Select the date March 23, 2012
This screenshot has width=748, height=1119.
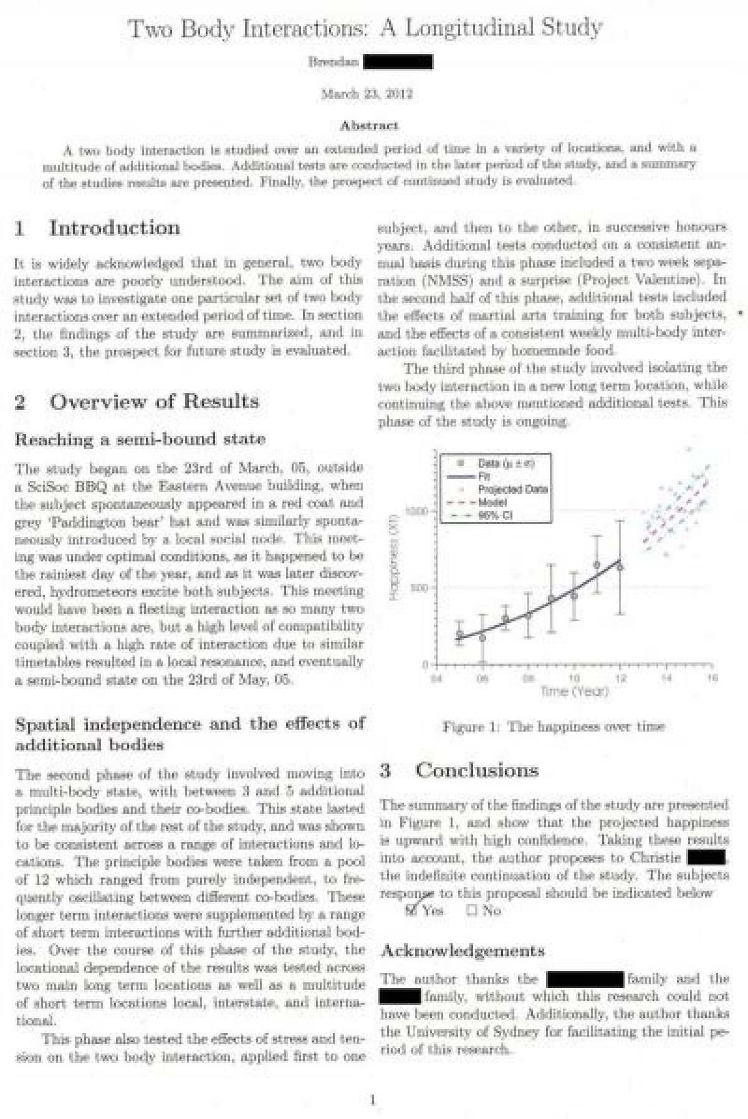pos(367,94)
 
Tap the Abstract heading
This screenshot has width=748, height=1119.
pos(369,125)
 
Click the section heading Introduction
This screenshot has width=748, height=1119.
pos(114,228)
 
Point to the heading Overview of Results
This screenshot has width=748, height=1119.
pos(154,401)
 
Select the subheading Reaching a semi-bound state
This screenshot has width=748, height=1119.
pos(140,439)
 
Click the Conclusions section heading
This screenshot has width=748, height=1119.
pos(476,770)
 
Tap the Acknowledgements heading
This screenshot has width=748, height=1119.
pos(462,951)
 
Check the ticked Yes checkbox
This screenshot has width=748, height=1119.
pos(411,910)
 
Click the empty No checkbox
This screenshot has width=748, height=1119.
pos(472,910)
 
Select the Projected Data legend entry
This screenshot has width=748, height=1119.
pos(512,489)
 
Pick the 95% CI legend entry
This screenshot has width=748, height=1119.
pos(492,515)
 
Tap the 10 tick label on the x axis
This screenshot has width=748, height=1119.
pos(574,677)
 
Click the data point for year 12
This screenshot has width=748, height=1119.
pos(620,566)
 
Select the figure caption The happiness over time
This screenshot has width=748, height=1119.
pos(554,726)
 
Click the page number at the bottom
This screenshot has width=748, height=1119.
pos(373,1100)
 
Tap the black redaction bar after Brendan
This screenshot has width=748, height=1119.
pos(397,62)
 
